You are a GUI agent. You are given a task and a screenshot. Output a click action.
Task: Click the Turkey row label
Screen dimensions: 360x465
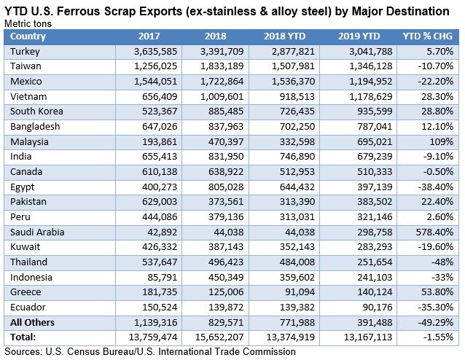coord(26,51)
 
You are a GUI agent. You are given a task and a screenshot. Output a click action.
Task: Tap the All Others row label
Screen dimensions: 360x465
coord(34,322)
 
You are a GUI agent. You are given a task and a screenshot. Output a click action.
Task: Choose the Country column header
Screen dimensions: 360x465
coord(29,36)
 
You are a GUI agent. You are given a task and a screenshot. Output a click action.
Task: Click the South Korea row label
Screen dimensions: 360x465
coord(36,111)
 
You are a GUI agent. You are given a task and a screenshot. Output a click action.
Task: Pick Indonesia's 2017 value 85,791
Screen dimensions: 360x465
coord(150,277)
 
